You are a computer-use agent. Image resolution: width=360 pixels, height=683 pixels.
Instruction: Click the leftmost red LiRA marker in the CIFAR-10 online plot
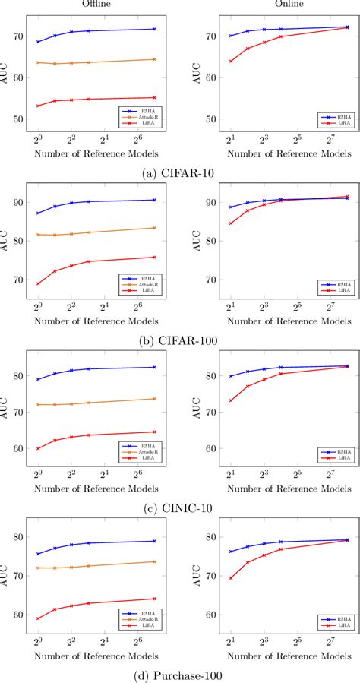tap(231, 62)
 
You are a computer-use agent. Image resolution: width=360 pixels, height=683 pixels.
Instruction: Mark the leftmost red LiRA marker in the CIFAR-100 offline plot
tap(38, 283)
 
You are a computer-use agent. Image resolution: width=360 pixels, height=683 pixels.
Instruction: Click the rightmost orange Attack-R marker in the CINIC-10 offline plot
tap(155, 399)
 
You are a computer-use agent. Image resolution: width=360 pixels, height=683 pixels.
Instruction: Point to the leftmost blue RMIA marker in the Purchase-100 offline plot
tap(38, 554)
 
